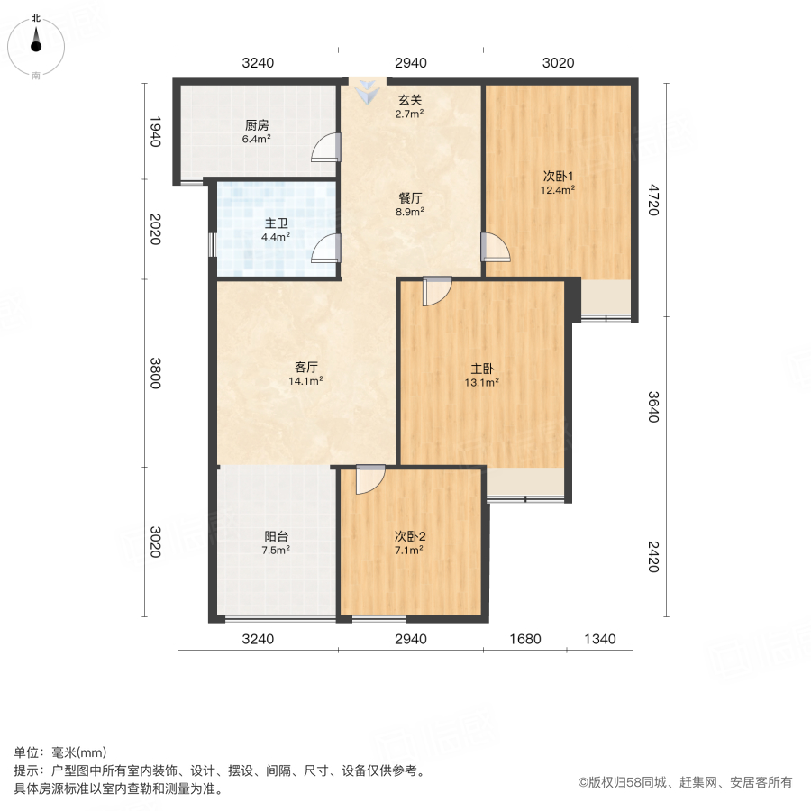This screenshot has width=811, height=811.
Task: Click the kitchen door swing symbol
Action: [326, 147]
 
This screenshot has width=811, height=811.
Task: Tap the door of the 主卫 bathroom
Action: [326, 247]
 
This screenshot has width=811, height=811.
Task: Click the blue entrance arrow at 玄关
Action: [368, 90]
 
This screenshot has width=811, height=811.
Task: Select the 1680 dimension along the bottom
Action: [524, 639]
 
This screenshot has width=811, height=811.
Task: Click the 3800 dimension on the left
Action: [155, 373]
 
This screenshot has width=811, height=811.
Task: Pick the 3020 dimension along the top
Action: [558, 63]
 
